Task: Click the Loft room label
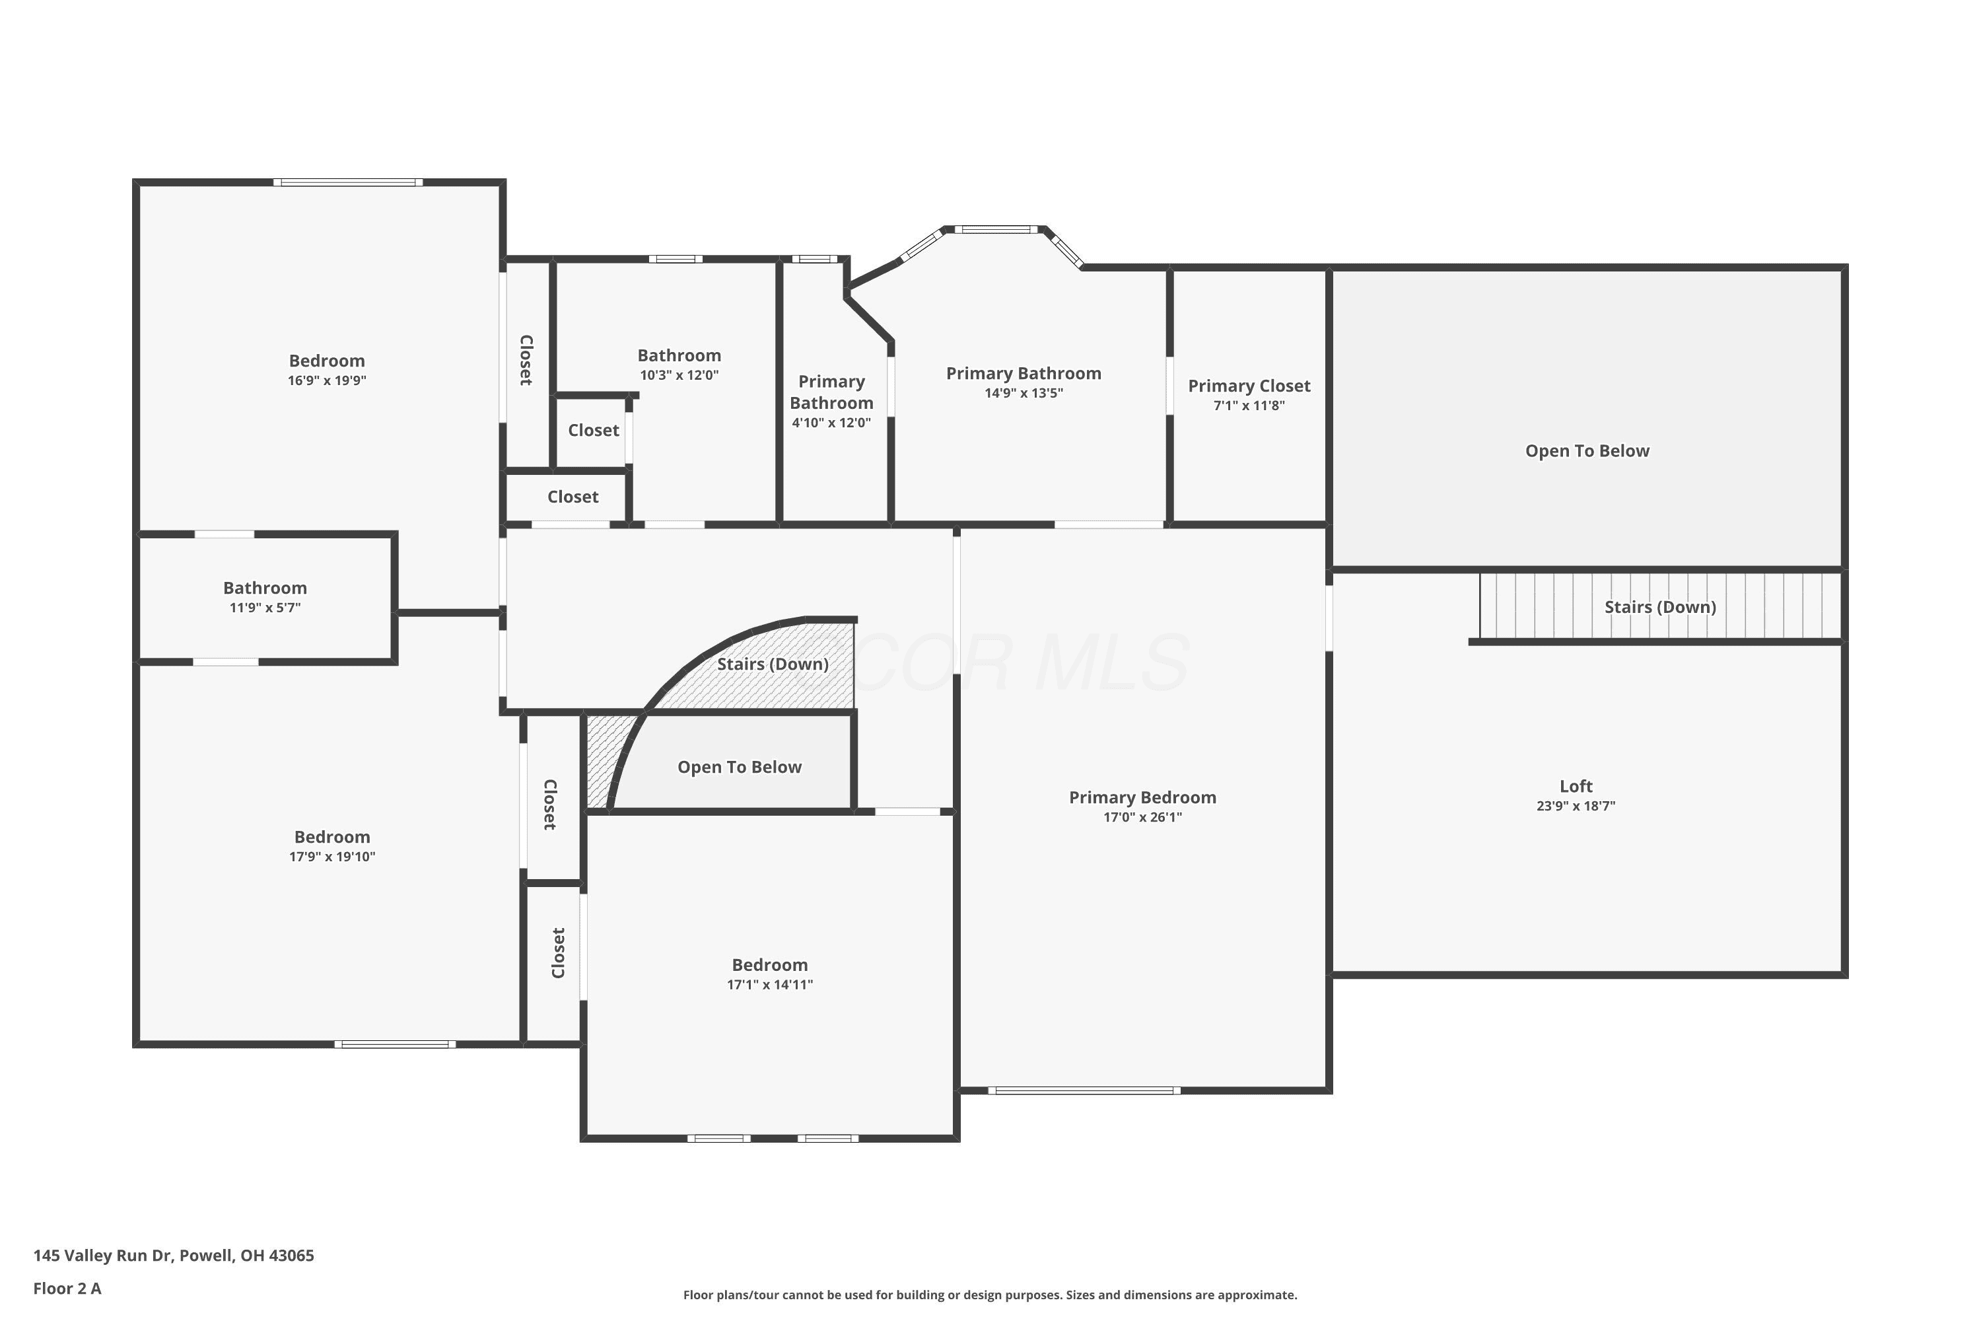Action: (1575, 786)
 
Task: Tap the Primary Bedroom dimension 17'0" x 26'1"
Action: (1143, 817)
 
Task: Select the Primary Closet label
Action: (1249, 386)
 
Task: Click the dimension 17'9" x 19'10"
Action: (332, 857)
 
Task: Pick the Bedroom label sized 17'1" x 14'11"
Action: (770, 964)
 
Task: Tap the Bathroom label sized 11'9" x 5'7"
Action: (265, 588)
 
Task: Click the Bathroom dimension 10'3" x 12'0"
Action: (679, 376)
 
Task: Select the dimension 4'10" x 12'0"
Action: (831, 423)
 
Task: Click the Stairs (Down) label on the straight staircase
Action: (1660, 608)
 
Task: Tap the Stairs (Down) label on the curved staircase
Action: (773, 664)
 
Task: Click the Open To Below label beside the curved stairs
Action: (740, 768)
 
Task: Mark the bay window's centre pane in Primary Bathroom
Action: (996, 229)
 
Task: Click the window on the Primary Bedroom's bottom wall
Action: (1084, 1090)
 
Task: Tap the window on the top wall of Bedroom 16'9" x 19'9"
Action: (347, 182)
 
